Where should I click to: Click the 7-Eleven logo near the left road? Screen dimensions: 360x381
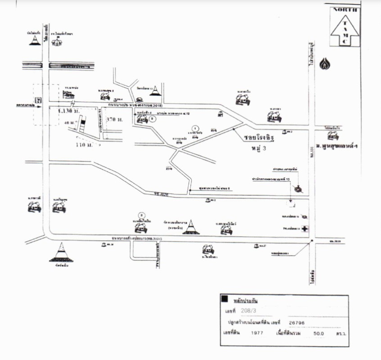(x=39, y=99)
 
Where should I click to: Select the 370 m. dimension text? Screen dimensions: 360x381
(x=114, y=120)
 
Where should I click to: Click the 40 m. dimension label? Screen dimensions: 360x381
(x=70, y=121)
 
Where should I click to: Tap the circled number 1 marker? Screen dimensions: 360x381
(x=195, y=127)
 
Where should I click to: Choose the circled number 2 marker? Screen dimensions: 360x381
(x=153, y=118)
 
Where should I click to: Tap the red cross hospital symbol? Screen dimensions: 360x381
(x=305, y=229)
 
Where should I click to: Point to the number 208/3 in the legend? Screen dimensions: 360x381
(x=246, y=310)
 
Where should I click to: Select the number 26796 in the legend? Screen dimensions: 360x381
(x=296, y=322)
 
